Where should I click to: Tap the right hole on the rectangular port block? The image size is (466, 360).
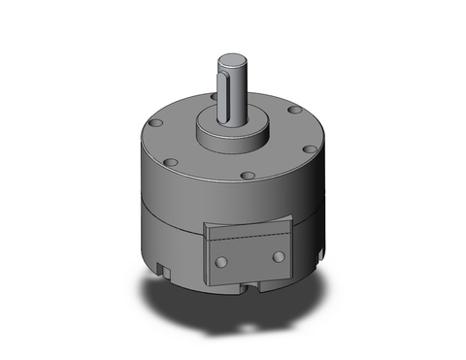pyautogui.click(x=280, y=256)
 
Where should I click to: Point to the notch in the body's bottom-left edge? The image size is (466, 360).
pyautogui.click(x=161, y=262)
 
